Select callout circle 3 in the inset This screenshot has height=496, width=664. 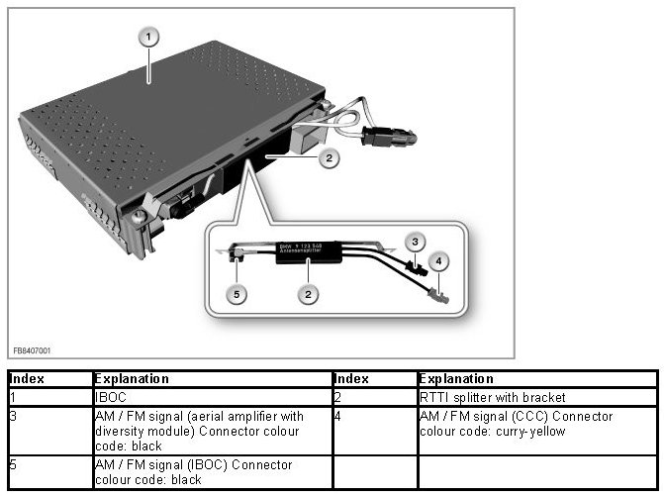[418, 242]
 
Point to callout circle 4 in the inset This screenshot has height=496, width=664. [439, 261]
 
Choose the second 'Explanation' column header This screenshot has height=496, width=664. [455, 379]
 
